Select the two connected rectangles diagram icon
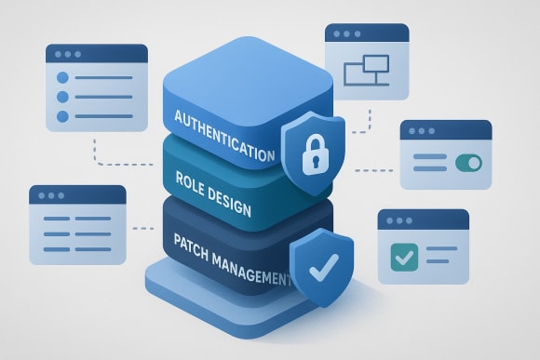[365, 70]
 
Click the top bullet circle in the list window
[63, 78]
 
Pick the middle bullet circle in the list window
[63, 97]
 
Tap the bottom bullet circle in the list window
[63, 115]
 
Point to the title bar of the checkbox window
[423, 220]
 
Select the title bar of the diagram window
[368, 33]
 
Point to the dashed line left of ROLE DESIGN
[142, 227]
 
